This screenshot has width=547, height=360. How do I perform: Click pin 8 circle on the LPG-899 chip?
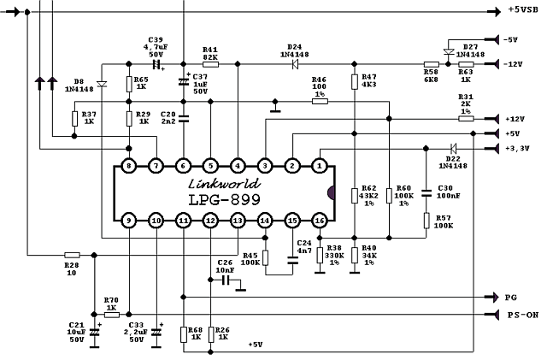tap(129, 166)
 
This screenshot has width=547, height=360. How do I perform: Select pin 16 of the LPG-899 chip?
tap(320, 221)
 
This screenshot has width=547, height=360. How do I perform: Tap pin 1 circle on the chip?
tap(320, 166)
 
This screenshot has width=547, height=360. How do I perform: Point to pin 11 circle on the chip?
tap(183, 221)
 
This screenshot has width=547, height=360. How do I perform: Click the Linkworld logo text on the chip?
tap(224, 184)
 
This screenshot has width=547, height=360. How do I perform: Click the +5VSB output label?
tap(523, 10)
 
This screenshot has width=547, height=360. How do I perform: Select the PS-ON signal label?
tap(523, 315)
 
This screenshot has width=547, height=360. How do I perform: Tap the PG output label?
tap(511, 298)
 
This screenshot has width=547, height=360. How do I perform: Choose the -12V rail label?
tap(513, 64)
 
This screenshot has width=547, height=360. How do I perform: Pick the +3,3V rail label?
tap(517, 149)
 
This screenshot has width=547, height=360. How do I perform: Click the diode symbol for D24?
tap(295, 64)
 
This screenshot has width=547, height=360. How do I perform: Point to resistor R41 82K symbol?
tap(211, 64)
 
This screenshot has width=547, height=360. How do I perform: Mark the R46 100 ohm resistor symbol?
tap(320, 101)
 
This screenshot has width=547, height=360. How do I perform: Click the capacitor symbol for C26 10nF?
tap(226, 280)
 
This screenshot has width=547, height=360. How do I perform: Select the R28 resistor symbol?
tap(72, 255)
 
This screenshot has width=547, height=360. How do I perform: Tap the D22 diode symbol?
tap(454, 149)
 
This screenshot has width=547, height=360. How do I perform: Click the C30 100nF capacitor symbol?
tap(426, 193)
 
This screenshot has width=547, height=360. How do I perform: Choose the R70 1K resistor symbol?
tap(112, 315)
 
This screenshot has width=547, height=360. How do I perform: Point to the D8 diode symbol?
tap(102, 84)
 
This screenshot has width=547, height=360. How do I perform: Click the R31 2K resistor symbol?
tap(466, 119)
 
